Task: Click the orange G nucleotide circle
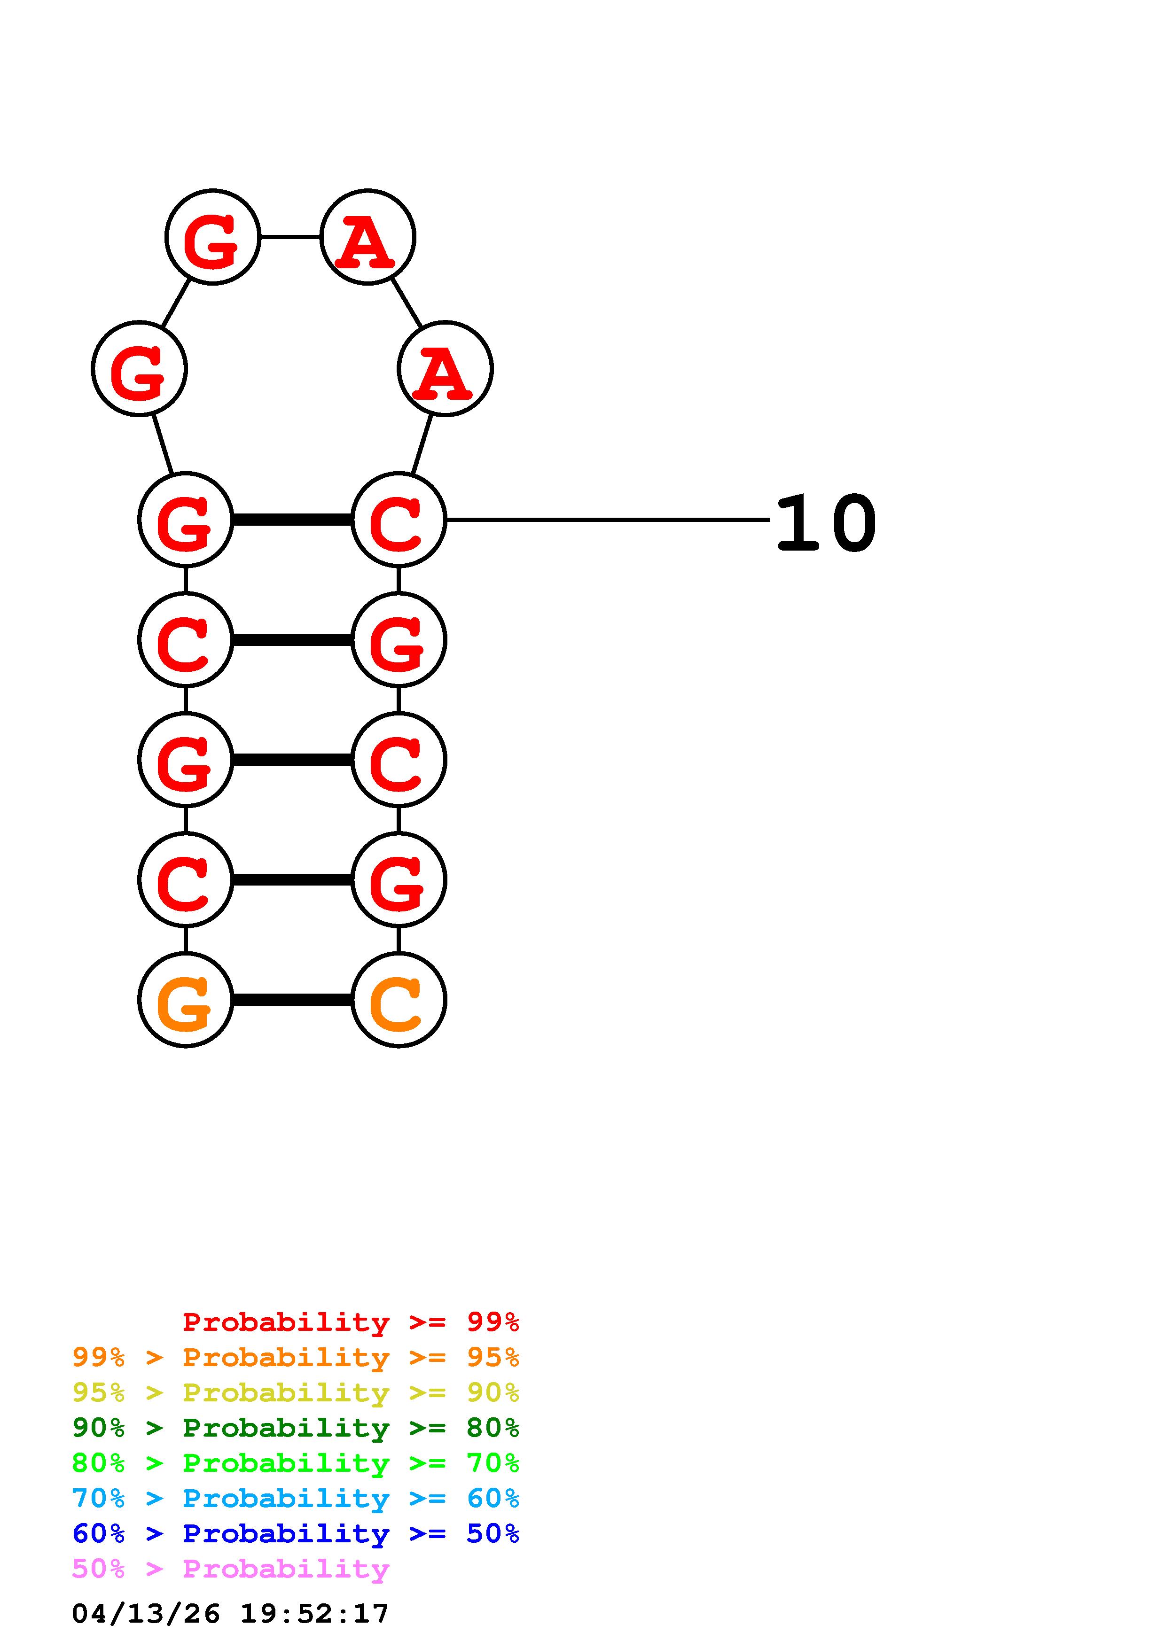[185, 1000]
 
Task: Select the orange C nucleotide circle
[399, 1000]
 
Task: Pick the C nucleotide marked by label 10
[399, 520]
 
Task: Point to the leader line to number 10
[607, 520]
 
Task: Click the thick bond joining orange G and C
[291, 1000]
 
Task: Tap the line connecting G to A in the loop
[290, 237]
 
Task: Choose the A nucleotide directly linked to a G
[367, 237]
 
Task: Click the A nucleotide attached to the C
[445, 369]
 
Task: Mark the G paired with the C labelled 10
[185, 520]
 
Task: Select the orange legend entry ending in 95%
[296, 1357]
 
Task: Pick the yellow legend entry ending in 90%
[296, 1392]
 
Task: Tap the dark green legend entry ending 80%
[296, 1428]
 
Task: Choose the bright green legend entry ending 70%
[296, 1463]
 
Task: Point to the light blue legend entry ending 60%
[296, 1498]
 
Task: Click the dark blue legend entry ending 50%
[296, 1533]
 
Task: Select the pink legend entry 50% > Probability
[230, 1568]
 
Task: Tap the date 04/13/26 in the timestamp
[146, 1614]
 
